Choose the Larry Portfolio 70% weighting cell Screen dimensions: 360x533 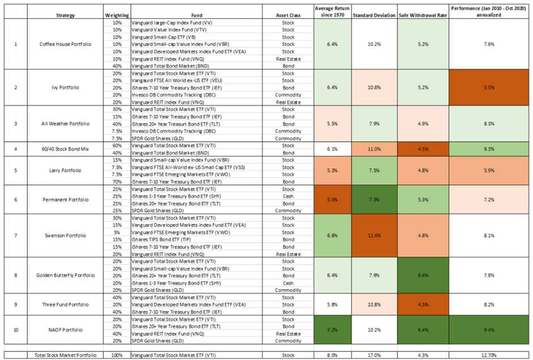117,181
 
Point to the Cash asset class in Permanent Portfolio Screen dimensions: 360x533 288,196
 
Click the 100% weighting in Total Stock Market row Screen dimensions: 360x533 117,355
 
